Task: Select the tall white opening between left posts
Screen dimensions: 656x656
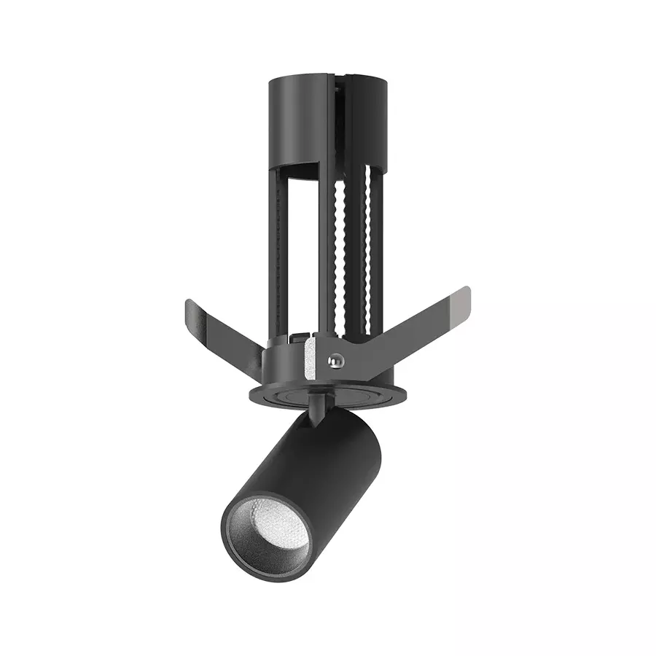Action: tap(306, 255)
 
